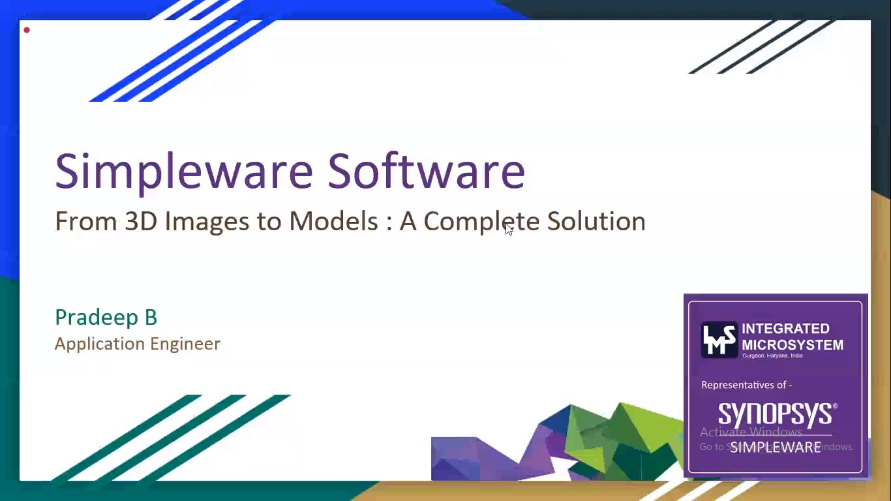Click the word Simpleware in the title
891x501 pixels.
click(x=184, y=171)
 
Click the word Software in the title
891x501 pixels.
click(x=426, y=171)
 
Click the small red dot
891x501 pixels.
click(x=27, y=30)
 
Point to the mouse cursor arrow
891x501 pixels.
click(x=509, y=228)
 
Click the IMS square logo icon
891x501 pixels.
click(x=719, y=339)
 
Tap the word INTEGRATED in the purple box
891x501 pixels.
click(x=785, y=329)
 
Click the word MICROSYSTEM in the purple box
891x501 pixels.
click(x=792, y=344)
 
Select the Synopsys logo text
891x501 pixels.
click(x=776, y=414)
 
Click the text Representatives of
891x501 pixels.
click(x=746, y=385)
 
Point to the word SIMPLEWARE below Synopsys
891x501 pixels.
click(x=775, y=448)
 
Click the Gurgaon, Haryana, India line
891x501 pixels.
click(x=772, y=356)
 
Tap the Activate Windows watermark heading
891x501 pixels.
click(x=751, y=432)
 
